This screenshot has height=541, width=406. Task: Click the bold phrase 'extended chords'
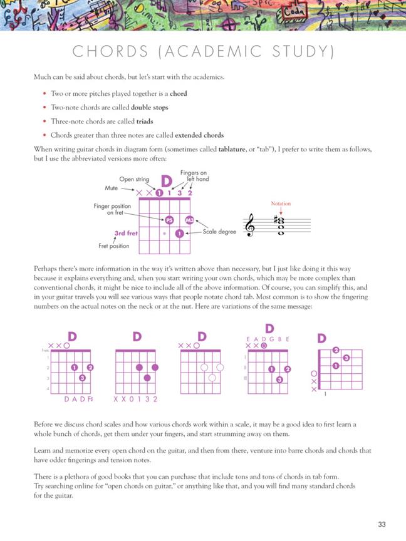click(199, 135)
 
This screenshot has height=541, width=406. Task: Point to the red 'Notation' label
click(280, 204)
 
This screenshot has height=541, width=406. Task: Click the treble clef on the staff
click(251, 225)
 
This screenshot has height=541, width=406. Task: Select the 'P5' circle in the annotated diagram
click(169, 220)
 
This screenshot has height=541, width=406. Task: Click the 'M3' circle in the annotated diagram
click(189, 220)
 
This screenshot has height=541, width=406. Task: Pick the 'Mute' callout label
click(112, 187)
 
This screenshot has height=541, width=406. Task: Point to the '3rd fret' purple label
click(127, 234)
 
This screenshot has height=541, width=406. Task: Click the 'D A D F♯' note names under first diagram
click(79, 399)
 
